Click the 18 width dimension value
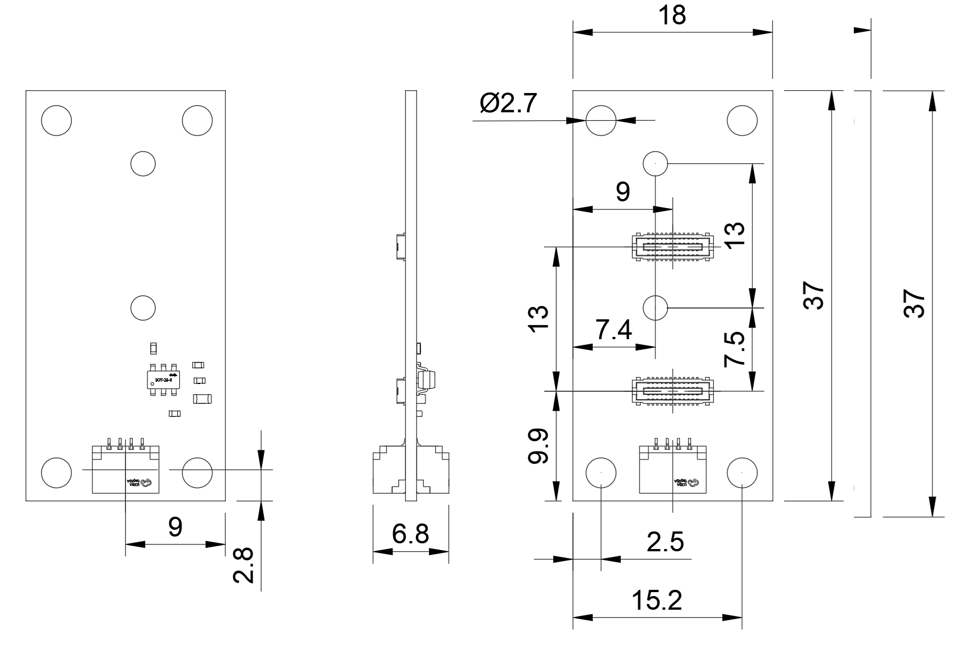click(672, 15)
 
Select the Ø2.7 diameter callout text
click(508, 104)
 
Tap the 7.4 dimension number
click(613, 330)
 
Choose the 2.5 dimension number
click(665, 542)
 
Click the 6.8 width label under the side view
click(411, 534)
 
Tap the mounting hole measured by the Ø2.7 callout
click(601, 120)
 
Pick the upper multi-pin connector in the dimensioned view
click(672, 247)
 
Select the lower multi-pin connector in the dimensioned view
click(672, 391)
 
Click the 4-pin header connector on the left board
click(125, 468)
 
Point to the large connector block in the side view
click(411, 471)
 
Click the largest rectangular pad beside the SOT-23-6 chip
click(203, 399)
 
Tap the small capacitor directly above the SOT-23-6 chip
click(152, 348)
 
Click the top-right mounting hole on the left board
click(197, 120)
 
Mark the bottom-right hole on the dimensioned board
click(742, 472)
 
